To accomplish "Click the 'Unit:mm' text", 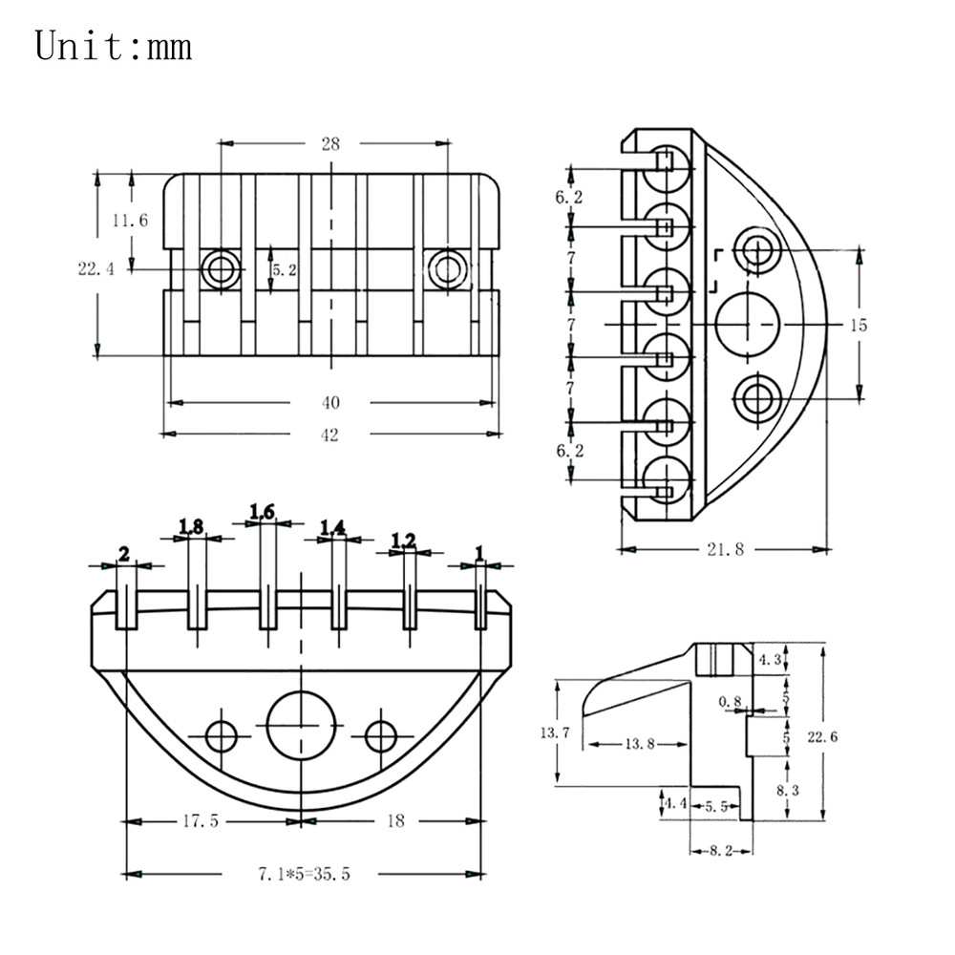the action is (114, 46).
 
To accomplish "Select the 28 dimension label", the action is (330, 144).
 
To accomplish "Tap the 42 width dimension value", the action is (329, 435).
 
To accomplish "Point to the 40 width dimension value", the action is (330, 403).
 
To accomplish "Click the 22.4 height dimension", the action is (95, 268).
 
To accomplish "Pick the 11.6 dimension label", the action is (130, 220).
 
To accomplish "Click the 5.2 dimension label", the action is (285, 270).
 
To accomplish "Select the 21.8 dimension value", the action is (726, 549).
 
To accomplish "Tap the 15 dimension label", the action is (859, 326).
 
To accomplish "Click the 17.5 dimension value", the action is (201, 821).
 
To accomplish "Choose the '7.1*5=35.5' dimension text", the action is (304, 874).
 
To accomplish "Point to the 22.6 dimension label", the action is (822, 737).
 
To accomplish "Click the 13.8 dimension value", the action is (640, 744).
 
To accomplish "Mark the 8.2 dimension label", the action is (721, 851).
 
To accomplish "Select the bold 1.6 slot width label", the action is (262, 512).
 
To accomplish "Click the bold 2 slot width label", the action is (124, 554).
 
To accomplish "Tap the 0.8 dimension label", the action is (730, 702).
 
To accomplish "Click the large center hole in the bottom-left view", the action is (301, 726).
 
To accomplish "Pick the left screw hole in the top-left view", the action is (221, 268).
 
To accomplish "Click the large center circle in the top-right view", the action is (747, 324).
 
